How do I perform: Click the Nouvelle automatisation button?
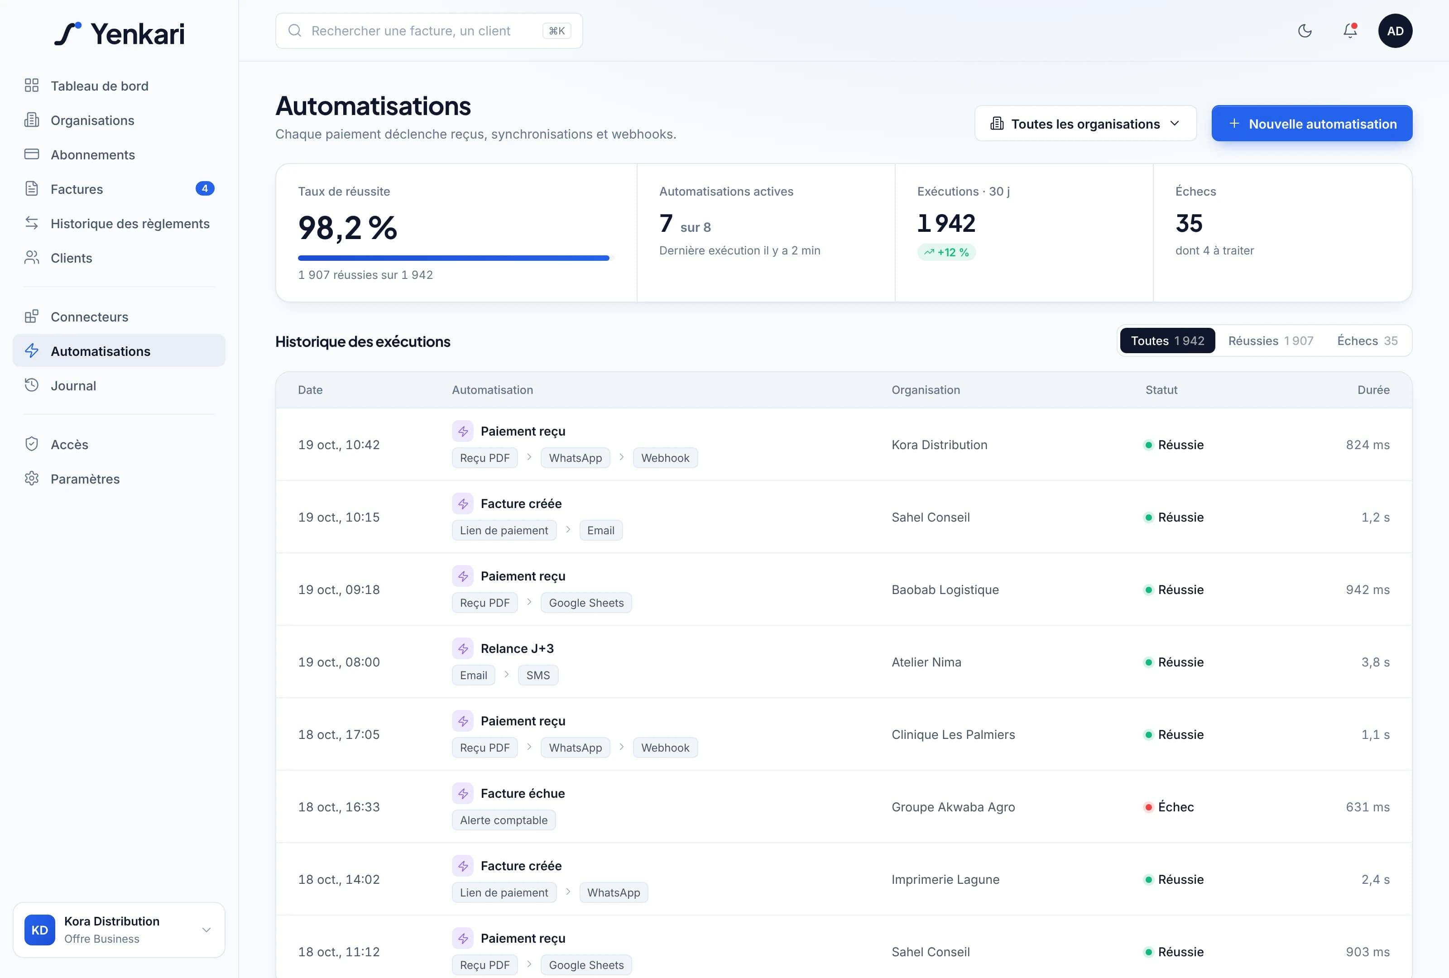[x=1312, y=124]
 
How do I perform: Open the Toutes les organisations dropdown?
[x=1085, y=124]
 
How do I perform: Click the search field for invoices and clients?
[x=429, y=30]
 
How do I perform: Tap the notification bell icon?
[x=1350, y=30]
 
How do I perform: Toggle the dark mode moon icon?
[x=1305, y=30]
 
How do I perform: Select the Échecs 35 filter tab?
[x=1367, y=341]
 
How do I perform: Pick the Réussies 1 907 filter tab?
[x=1271, y=341]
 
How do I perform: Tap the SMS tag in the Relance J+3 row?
[x=538, y=675]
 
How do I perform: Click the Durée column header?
[x=1373, y=389]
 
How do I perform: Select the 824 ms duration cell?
[x=1368, y=445]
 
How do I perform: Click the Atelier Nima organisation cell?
[x=926, y=662]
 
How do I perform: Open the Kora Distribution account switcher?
[x=119, y=930]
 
